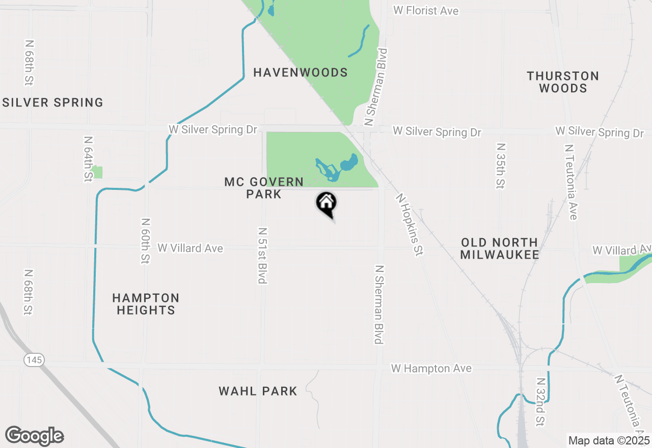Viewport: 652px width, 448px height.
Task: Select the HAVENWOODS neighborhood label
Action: (301, 73)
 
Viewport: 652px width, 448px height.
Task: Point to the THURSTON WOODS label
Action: (563, 82)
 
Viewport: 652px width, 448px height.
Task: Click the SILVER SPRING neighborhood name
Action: (53, 103)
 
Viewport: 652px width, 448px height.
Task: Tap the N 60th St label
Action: (146, 241)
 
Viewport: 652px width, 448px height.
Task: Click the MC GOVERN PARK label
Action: (264, 188)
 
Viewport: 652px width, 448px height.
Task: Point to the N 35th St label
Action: (500, 165)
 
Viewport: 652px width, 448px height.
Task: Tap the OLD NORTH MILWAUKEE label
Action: (499, 248)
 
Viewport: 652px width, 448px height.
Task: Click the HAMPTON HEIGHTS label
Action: (146, 304)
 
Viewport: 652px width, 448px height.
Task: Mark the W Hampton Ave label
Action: (431, 368)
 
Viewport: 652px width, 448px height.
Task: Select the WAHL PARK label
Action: (258, 391)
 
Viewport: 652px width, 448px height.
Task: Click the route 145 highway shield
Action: (34, 360)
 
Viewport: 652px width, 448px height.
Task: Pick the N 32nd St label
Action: (540, 401)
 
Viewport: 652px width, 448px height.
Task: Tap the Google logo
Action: (34, 436)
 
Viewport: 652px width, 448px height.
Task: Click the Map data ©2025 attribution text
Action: (609, 440)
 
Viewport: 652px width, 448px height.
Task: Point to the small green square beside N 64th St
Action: (97, 172)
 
